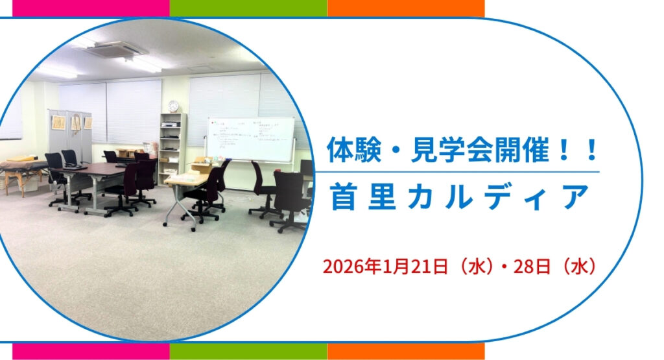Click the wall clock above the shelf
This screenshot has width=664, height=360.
click(x=173, y=106)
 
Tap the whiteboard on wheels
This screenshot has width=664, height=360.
click(x=250, y=138)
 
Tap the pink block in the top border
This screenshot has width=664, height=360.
click(x=91, y=8)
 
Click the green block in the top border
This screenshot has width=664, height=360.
click(x=248, y=8)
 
